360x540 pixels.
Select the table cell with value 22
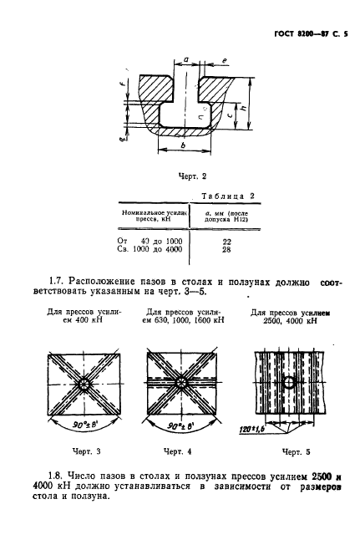(x=226, y=241)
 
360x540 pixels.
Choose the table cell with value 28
(x=226, y=250)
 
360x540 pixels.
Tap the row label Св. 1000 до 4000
(x=150, y=250)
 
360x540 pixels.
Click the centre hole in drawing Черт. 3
(x=84, y=384)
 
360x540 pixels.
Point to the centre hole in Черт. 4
(x=181, y=383)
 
